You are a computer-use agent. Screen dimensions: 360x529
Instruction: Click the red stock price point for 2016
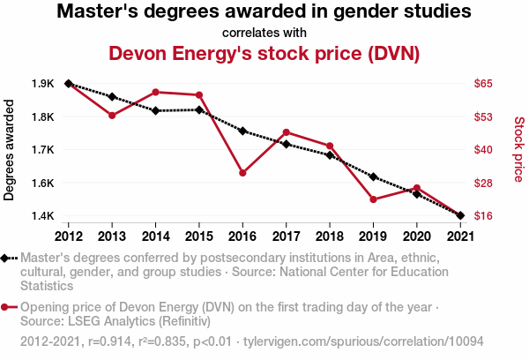[242, 172]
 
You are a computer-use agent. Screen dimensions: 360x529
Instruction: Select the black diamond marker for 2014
[155, 110]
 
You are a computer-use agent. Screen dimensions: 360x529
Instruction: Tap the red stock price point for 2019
[373, 199]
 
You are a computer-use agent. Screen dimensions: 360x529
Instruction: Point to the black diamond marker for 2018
[330, 155]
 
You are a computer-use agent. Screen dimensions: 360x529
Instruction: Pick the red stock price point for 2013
[112, 116]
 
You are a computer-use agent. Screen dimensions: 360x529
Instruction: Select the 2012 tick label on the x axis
[68, 236]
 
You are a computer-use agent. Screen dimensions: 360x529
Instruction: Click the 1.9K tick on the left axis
[42, 84]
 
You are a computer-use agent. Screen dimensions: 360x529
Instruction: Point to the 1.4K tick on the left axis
[42, 216]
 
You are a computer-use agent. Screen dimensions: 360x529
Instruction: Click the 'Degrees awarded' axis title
[10, 150]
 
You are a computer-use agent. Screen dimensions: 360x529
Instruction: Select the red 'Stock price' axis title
[518, 150]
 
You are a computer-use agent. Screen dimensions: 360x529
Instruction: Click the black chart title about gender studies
[264, 12]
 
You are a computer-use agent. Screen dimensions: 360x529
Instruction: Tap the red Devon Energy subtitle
[264, 53]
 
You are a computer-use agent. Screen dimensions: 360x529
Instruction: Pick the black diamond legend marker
[6, 258]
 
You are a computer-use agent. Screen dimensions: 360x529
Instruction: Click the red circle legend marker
[6, 307]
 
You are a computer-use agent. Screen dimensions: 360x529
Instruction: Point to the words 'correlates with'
[264, 33]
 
